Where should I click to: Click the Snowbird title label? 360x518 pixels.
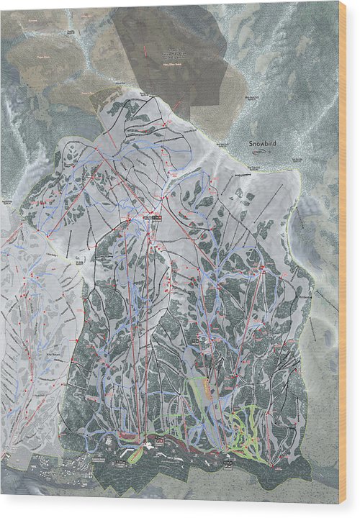263,143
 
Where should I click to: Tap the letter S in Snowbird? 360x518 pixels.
251,143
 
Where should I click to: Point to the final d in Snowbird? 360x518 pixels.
275,143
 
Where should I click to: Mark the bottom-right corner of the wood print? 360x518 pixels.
339,504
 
